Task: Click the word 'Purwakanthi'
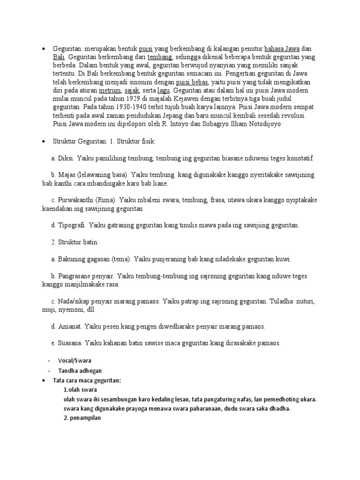click(x=77, y=200)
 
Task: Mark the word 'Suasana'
click(x=71, y=343)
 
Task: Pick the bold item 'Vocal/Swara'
click(x=75, y=360)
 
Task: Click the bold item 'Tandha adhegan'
click(x=80, y=370)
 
